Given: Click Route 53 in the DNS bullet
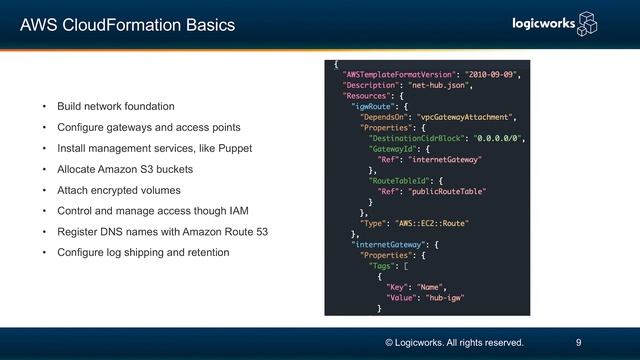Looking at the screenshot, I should pyautogui.click(x=248, y=232).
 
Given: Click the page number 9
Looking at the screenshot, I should pyautogui.click(x=579, y=342).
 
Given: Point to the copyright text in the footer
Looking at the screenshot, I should pyautogui.click(x=454, y=342).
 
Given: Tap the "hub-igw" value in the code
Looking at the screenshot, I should pyautogui.click(x=447, y=297).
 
